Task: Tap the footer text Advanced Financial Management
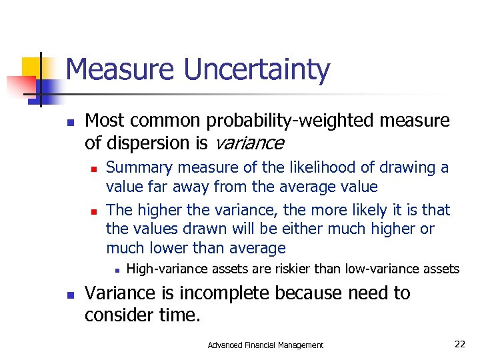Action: (265, 345)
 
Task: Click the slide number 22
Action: (459, 344)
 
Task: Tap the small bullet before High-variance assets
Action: (116, 270)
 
